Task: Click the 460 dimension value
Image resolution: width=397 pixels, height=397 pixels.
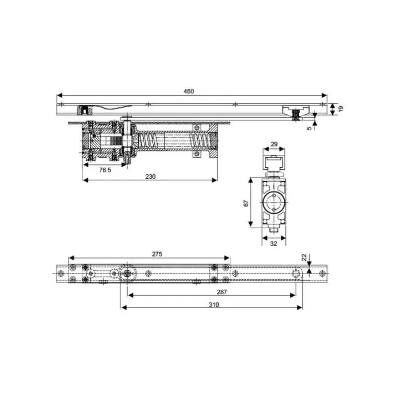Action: coord(189,91)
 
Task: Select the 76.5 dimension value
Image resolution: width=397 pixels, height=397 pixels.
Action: coord(105,170)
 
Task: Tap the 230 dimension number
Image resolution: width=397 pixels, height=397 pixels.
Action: coord(150,177)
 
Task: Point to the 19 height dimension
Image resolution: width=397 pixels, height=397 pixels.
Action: coord(340,109)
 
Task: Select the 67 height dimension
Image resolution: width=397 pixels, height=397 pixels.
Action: coord(247,203)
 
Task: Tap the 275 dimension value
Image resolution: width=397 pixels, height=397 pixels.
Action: coord(157,254)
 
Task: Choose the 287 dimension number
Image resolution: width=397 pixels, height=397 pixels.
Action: coord(221,292)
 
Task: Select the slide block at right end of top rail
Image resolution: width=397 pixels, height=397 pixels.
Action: coord(295,112)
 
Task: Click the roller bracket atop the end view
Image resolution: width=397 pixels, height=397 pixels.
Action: coord(273,165)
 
